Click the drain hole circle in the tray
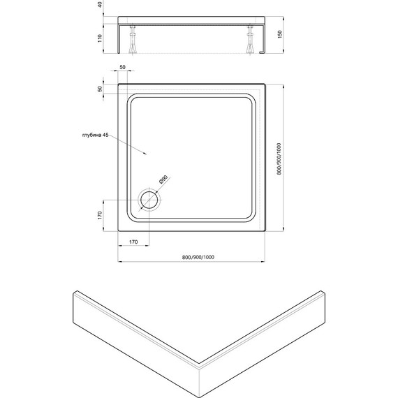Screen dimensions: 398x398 [x=149, y=200]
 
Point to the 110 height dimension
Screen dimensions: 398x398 [x=101, y=38]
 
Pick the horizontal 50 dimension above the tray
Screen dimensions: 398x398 [x=123, y=67]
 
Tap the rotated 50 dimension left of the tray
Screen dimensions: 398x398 [x=101, y=89]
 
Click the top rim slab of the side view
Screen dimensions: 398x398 [x=190, y=17]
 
